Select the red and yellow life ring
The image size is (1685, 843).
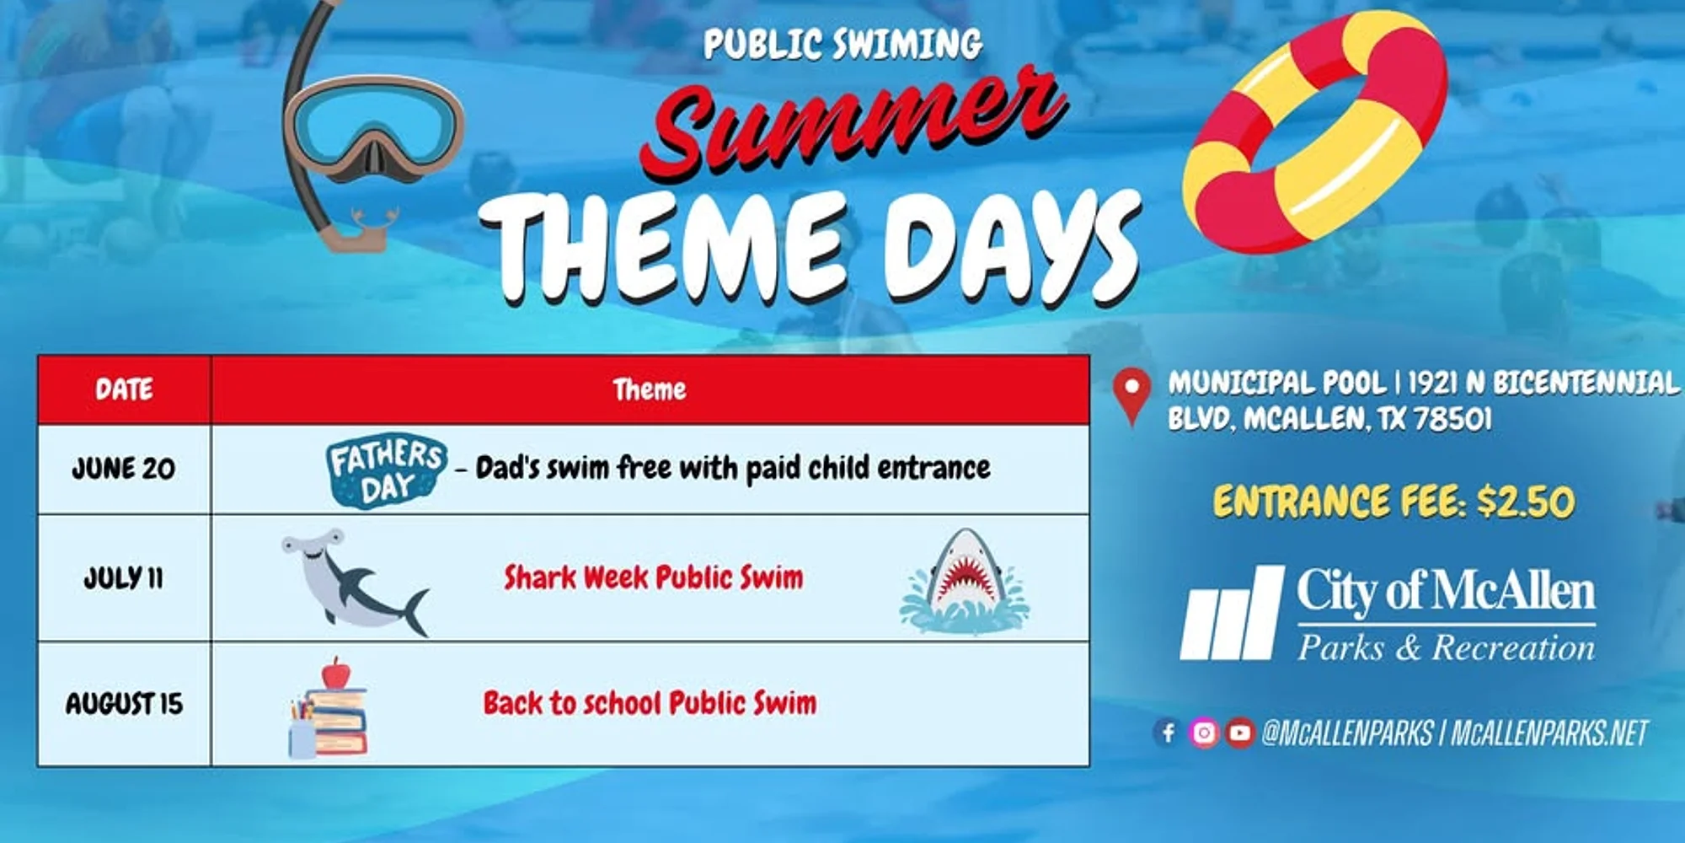[x=1314, y=132]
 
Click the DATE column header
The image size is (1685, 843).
[x=124, y=389]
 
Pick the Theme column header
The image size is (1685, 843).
[x=650, y=389]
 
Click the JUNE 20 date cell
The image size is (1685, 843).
[x=124, y=469]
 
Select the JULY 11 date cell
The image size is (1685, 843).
[x=123, y=578]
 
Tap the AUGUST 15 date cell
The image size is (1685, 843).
[x=124, y=703]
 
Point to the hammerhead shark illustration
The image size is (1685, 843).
[x=356, y=582]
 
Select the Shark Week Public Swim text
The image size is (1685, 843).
[x=654, y=578]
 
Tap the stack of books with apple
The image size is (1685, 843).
[x=329, y=708]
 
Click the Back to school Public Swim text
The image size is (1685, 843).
[x=650, y=703]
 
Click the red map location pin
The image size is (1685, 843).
[x=1131, y=396]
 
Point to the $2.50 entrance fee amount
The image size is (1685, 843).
[x=1526, y=502]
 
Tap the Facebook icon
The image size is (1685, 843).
[x=1168, y=733]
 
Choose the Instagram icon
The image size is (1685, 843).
[x=1204, y=733]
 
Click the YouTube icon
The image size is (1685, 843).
[x=1239, y=733]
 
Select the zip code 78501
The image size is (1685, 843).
[x=1452, y=419]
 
